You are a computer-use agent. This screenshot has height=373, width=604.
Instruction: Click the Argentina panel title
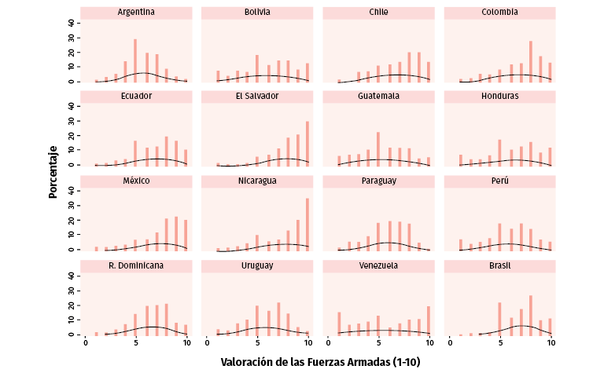[x=136, y=13]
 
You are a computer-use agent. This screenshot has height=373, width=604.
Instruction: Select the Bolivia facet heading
[x=257, y=13]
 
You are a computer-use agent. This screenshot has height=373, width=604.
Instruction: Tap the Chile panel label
[x=378, y=13]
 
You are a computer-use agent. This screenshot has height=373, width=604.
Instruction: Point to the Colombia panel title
[x=499, y=13]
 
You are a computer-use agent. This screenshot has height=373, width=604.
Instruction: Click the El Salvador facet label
[x=257, y=97]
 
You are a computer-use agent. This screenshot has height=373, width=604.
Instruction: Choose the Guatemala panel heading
[x=378, y=97]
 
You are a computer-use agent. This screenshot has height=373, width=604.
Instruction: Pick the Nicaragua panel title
[x=257, y=181]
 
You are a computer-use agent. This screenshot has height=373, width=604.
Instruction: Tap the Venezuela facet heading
[x=378, y=265]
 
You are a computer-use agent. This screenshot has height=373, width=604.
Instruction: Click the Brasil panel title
[x=499, y=265]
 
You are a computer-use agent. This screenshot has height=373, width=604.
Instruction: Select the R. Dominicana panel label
[x=136, y=265]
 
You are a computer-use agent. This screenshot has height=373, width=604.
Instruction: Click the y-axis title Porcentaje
[x=53, y=170]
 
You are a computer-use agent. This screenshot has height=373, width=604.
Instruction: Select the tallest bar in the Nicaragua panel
[x=308, y=225]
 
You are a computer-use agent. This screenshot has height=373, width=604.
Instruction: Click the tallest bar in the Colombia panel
[x=531, y=61]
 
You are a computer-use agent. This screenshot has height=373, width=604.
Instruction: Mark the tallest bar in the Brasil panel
[x=531, y=316]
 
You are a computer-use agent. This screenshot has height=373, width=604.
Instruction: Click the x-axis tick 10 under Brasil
[x=551, y=343]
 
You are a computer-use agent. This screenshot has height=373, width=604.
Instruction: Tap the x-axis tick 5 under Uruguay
[x=257, y=343]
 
